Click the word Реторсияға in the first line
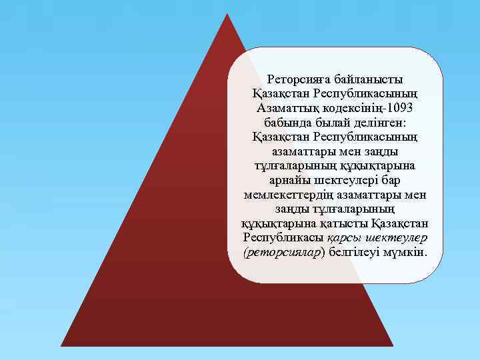pyautogui.click(x=297, y=79)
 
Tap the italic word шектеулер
pyautogui.click(x=395, y=237)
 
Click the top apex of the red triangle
pyautogui.click(x=227, y=14)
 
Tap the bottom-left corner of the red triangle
pyautogui.click(x=61, y=345)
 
